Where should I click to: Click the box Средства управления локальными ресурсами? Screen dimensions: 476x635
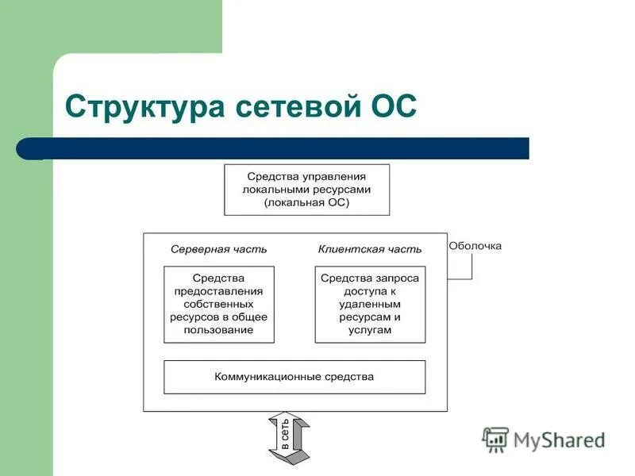(x=306, y=189)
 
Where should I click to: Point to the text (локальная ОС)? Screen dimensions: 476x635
(x=306, y=203)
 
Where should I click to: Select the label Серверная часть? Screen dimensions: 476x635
(x=218, y=249)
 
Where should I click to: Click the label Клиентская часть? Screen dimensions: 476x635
(x=370, y=249)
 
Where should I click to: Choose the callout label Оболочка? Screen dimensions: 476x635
(x=475, y=246)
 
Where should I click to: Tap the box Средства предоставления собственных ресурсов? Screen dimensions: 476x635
(x=218, y=304)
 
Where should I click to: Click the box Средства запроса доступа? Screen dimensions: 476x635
(x=370, y=304)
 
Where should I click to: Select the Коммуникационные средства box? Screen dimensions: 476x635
(x=294, y=377)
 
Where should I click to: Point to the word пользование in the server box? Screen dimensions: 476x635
(x=218, y=330)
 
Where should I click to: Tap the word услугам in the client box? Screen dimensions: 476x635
(x=370, y=330)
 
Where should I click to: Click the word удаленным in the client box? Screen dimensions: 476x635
(x=370, y=304)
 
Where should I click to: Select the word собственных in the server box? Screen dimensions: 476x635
(x=218, y=304)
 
